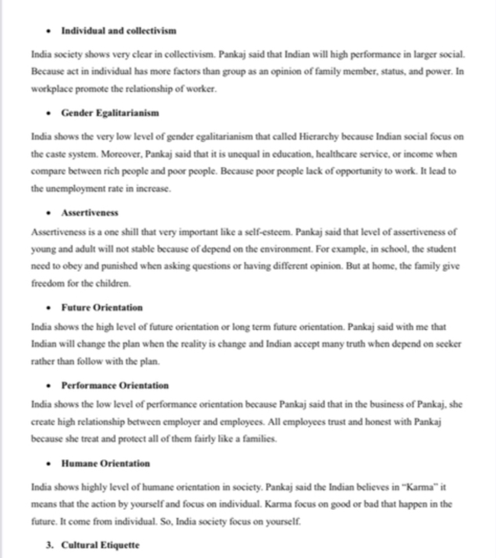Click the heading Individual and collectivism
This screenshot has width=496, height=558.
click(118, 31)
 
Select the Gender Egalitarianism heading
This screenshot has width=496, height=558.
click(110, 113)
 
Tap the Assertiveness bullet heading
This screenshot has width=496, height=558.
click(90, 213)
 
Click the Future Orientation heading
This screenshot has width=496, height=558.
click(102, 307)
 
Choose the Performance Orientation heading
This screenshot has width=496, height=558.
click(115, 385)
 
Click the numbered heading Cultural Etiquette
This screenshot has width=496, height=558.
click(100, 545)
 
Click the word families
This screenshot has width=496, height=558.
click(258, 439)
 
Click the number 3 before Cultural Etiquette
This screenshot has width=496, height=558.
click(49, 545)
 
